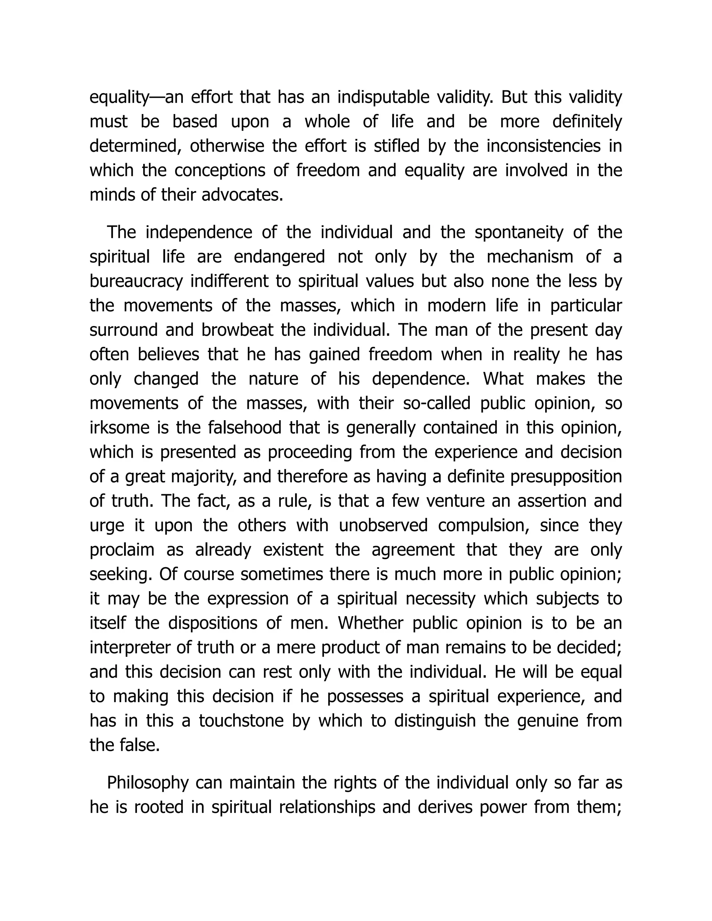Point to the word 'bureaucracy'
click(136, 281)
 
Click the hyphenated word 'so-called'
click(437, 403)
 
